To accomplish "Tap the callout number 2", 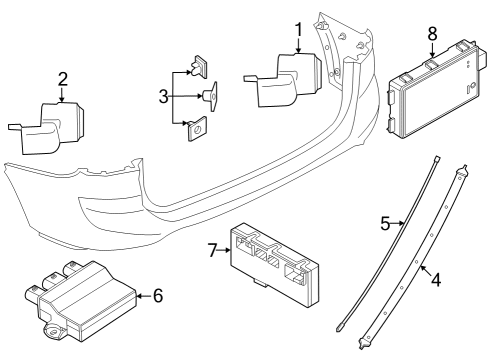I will (62, 79).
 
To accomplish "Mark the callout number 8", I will (431, 32).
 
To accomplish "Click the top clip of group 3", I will (200, 67).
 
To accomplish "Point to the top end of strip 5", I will (437, 159).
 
